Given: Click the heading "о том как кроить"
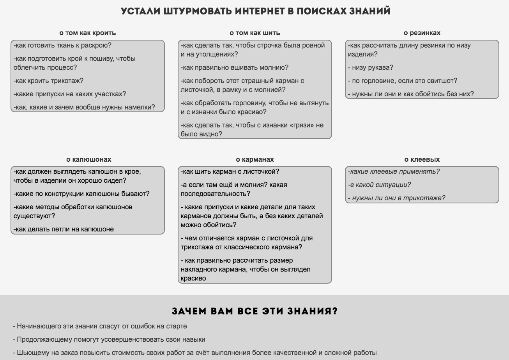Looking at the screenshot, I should click(88, 33).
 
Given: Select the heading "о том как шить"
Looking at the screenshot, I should click(255, 33).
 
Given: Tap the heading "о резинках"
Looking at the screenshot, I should click(422, 33).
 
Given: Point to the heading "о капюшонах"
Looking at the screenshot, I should click(88, 159).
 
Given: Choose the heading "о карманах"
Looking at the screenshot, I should click(255, 159).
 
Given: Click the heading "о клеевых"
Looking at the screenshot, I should click(422, 159).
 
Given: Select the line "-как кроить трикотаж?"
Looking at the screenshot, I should click(49, 81).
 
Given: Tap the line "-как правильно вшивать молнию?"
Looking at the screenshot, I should click(235, 67).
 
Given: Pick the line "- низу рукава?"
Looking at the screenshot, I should click(371, 67).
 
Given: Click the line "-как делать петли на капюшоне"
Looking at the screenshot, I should click(64, 229).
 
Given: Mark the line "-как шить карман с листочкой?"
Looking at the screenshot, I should click(230, 171).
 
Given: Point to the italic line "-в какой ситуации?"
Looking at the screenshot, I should click(379, 185).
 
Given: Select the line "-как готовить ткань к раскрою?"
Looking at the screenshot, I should click(62, 45).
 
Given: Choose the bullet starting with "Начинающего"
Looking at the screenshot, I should click(100, 326).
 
